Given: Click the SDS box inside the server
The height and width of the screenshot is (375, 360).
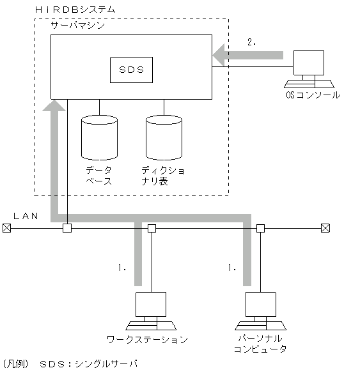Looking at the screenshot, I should pyautogui.click(x=131, y=67).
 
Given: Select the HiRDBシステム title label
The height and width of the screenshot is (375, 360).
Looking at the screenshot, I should pyautogui.click(x=75, y=10).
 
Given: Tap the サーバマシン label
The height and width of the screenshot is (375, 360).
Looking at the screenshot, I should pyautogui.click(x=78, y=26).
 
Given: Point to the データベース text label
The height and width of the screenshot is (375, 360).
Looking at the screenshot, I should pyautogui.click(x=99, y=176).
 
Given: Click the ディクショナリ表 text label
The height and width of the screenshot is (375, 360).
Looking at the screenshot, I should pyautogui.click(x=164, y=176).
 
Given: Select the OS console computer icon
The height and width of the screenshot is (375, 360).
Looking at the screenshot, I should pyautogui.click(x=308, y=69).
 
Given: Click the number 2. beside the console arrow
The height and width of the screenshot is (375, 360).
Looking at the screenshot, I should pyautogui.click(x=251, y=42).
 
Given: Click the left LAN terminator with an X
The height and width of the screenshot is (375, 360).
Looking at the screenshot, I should pyautogui.click(x=6, y=227).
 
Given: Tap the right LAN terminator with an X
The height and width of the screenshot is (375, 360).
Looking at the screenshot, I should pyautogui.click(x=325, y=227).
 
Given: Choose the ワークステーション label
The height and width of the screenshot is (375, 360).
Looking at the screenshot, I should pyautogui.click(x=147, y=339).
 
